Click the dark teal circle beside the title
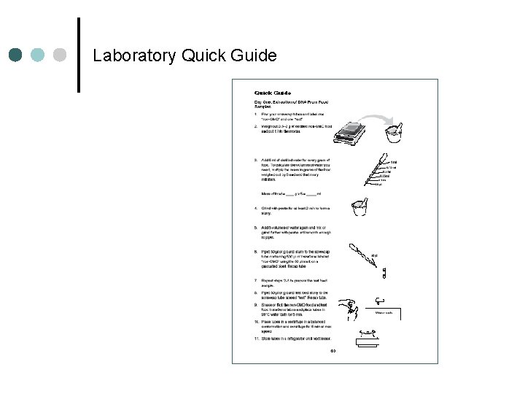click(x=16, y=55)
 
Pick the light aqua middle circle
click(x=39, y=55)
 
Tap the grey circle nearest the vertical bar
click(x=61, y=55)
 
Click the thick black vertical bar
click(x=78, y=55)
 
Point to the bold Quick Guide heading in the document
click(x=273, y=93)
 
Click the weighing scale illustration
click(x=354, y=135)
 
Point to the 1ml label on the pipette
click(x=393, y=162)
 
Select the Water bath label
click(x=384, y=313)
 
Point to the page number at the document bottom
click(x=333, y=351)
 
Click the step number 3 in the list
click(x=256, y=159)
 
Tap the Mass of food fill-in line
click(x=288, y=193)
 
